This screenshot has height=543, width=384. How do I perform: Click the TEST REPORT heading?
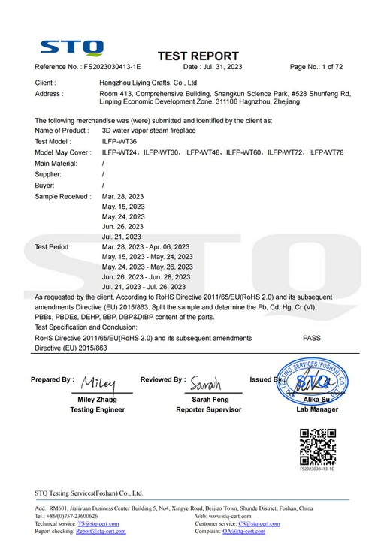click(x=198, y=56)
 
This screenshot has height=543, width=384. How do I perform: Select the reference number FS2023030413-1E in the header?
click(x=112, y=67)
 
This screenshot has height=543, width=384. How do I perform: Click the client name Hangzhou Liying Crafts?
click(x=149, y=83)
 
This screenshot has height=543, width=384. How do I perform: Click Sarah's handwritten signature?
click(x=204, y=382)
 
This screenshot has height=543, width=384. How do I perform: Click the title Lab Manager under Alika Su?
click(x=317, y=409)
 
